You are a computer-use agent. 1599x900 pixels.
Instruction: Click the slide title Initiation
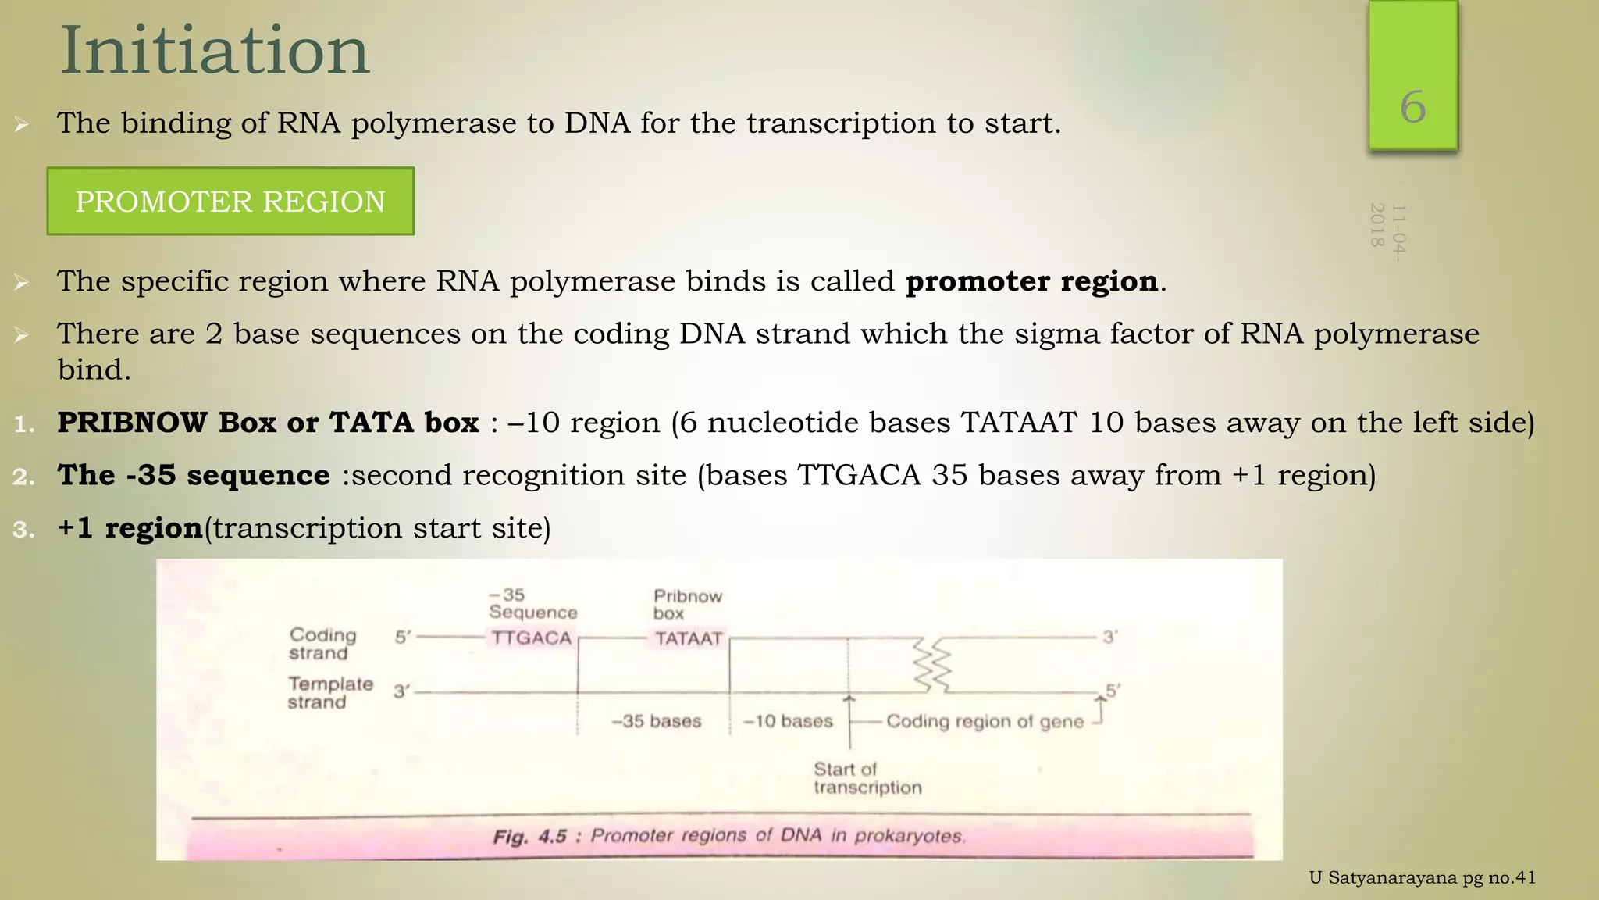point(215,52)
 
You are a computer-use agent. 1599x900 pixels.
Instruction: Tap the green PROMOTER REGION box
point(230,202)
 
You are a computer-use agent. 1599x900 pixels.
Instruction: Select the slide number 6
point(1412,107)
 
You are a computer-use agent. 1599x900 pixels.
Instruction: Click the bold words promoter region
point(1031,281)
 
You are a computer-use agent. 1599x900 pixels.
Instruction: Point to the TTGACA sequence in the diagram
point(531,638)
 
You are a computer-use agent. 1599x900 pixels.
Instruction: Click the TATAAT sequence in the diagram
point(689,639)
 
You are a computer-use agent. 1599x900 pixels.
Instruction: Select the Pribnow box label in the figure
point(687,605)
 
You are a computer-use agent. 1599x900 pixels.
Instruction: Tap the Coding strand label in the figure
point(322,645)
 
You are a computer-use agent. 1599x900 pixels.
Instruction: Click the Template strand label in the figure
point(329,693)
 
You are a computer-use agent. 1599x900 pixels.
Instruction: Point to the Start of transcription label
point(867,779)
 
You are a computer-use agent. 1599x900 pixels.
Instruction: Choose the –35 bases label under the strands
point(656,721)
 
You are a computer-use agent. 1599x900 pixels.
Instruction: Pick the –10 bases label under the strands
point(788,721)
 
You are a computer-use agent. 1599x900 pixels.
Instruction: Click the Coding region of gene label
point(985,722)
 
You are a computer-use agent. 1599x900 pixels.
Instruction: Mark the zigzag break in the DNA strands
point(934,665)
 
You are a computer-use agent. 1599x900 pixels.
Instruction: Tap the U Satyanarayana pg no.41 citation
point(1422,878)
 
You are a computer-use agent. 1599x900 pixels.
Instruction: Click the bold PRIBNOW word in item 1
point(132,423)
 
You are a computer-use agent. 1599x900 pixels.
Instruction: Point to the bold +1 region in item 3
point(130,528)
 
